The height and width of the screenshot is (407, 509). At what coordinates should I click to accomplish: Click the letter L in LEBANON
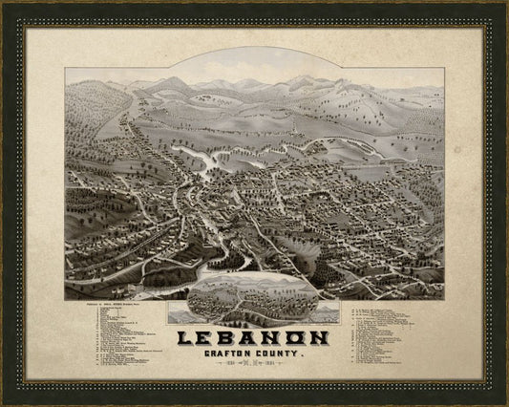[186, 337]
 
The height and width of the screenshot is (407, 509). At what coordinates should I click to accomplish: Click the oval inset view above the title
[253, 299]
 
